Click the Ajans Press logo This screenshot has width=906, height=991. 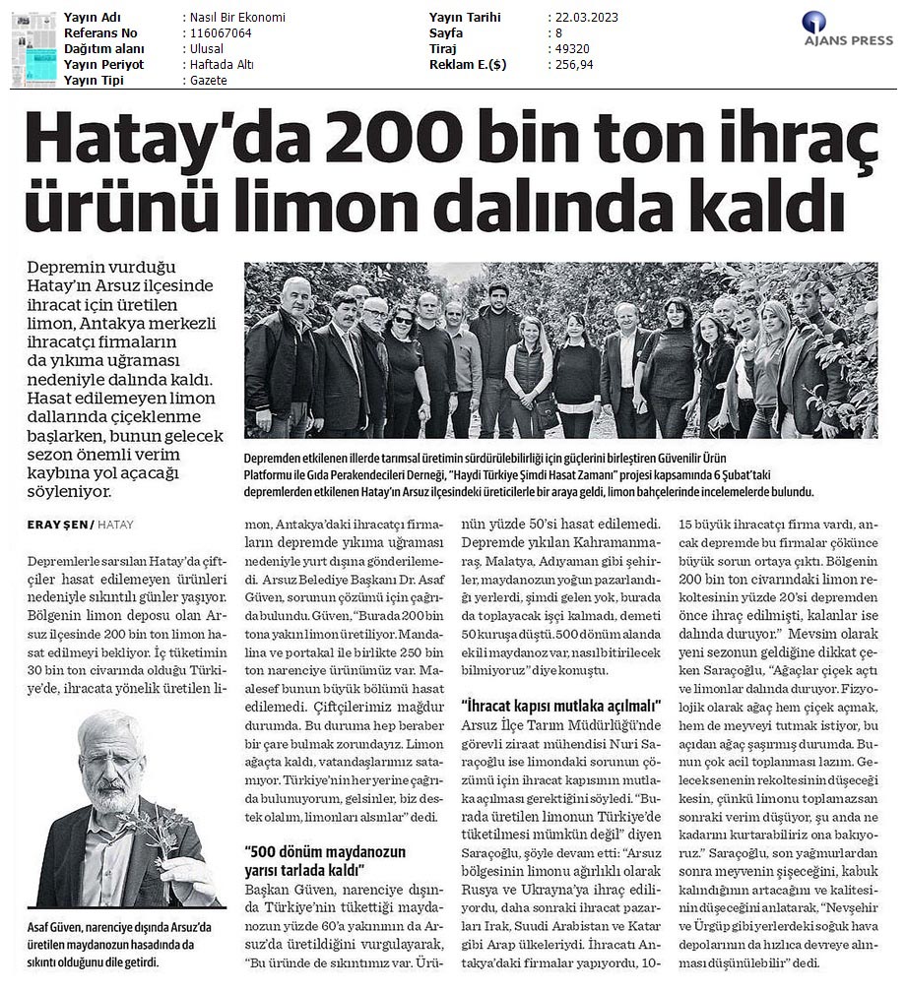tap(847, 29)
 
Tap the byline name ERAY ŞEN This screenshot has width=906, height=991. tap(58, 525)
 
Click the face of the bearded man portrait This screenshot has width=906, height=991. tap(109, 762)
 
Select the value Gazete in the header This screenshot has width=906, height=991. tap(209, 81)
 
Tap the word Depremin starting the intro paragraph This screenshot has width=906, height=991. tap(69, 269)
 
